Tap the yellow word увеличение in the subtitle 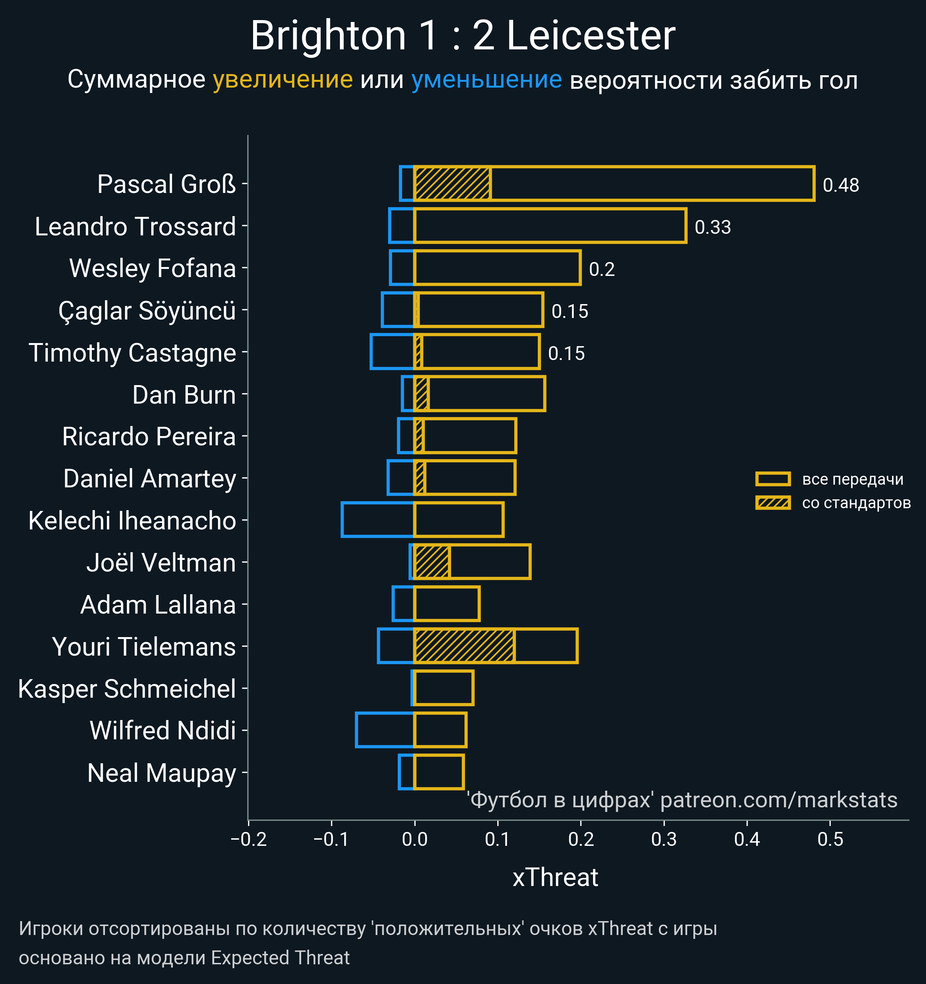point(282,80)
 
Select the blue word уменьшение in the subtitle point(487,80)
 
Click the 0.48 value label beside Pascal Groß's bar point(840,185)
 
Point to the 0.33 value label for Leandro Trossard point(712,227)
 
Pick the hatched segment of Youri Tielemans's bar point(464,646)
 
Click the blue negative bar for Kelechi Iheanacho point(378,520)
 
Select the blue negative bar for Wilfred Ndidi point(385,730)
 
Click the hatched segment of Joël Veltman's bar point(432,562)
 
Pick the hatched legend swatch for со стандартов point(772,503)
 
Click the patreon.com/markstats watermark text point(779,800)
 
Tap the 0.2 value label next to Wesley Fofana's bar point(602,269)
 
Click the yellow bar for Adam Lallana point(447,604)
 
